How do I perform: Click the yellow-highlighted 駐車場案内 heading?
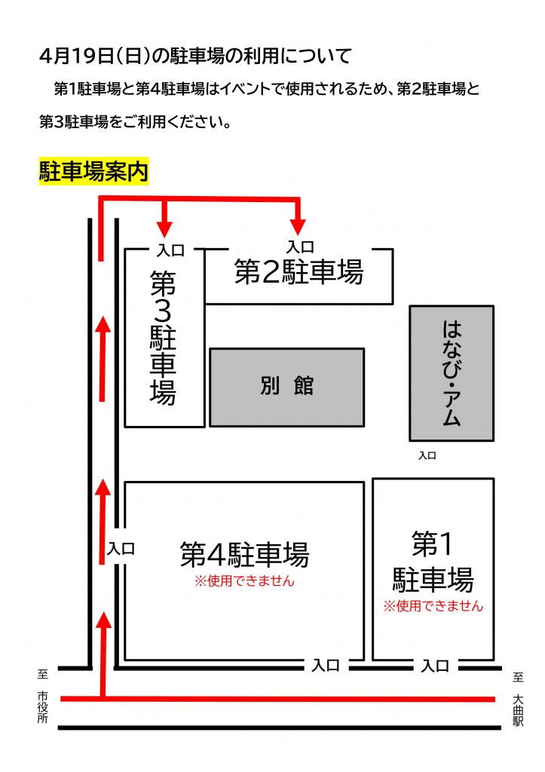93,172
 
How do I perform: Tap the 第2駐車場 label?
299,272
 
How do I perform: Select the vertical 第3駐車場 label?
164,337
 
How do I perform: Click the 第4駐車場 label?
244,556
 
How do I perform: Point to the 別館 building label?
286,385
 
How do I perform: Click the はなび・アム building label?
451,373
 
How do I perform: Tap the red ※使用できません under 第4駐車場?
244,581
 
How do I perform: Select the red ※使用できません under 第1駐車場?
433,605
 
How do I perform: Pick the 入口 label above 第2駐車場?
299,246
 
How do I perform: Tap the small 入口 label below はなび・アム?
427,455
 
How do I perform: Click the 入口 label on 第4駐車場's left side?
121,550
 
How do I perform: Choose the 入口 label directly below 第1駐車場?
434,666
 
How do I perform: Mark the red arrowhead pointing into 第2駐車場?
299,225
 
